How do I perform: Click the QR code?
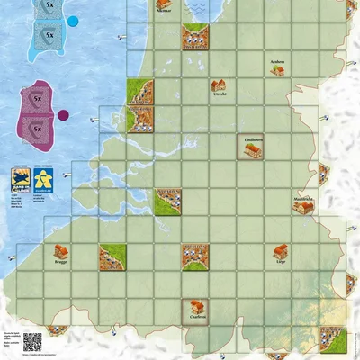coord(31,342)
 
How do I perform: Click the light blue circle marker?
coord(72,20)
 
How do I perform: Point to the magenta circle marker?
coord(63,115)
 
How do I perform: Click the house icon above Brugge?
coord(60,252)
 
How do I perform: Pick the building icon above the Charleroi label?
coord(195,305)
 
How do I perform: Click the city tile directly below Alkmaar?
coord(195,37)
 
